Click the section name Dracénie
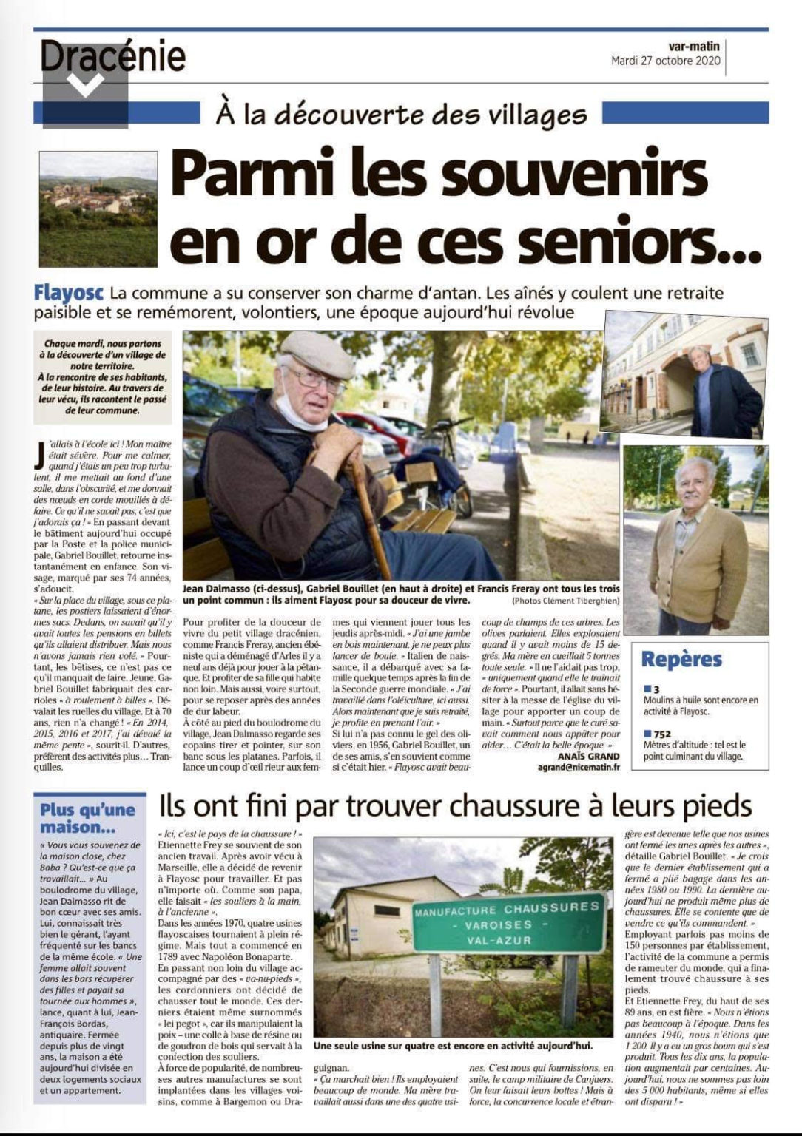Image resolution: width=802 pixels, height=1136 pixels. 112,57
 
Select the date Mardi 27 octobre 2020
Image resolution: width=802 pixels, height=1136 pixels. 665,61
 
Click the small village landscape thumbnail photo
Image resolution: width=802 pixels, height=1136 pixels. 98,209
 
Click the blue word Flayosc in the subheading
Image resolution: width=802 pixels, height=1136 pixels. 69,294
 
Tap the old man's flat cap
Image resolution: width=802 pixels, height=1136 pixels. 318,354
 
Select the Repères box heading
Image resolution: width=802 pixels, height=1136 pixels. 681,660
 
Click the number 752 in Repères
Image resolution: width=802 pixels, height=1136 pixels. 663,734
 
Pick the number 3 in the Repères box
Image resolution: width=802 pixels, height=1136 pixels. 656,689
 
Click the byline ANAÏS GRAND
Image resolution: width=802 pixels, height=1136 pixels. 589,756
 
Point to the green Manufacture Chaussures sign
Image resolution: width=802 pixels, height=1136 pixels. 506,924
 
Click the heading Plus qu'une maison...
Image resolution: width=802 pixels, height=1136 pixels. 87,818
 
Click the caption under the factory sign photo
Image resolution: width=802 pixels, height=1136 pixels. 453,1047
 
